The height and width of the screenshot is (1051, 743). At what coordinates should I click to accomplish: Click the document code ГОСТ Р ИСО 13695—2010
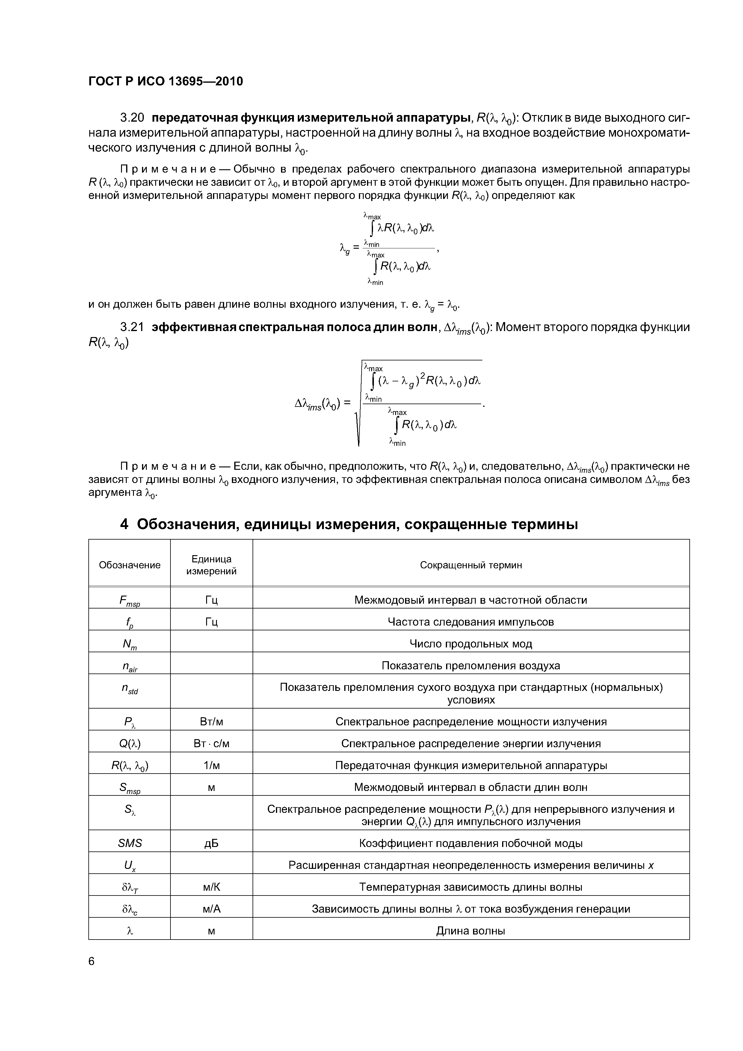[x=165, y=81]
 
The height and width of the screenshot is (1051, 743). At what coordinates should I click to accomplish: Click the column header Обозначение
[x=129, y=565]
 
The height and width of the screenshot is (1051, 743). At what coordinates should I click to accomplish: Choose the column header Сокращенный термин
[x=471, y=565]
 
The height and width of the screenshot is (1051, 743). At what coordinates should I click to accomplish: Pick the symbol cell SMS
[x=129, y=843]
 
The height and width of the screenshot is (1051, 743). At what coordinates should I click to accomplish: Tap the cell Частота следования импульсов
[x=471, y=622]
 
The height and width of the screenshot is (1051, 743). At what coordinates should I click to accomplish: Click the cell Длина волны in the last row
[x=471, y=931]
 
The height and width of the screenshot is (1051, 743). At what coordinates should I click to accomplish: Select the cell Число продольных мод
[x=471, y=644]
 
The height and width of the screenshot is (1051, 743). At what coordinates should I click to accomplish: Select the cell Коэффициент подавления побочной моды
[x=471, y=843]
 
